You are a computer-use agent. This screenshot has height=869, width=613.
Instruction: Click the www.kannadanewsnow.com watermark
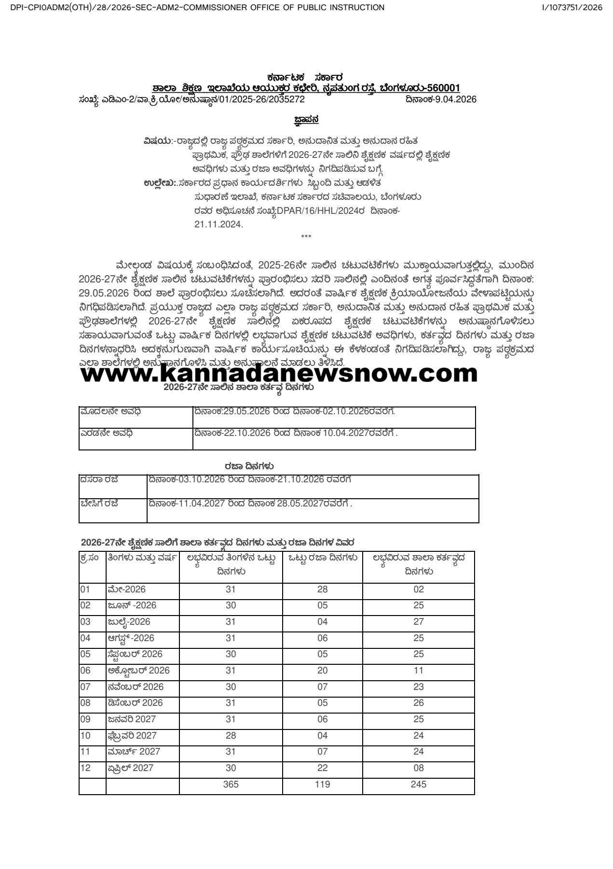279,373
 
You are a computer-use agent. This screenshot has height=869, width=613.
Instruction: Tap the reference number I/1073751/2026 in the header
572,7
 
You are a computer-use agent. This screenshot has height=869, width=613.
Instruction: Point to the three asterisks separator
306,237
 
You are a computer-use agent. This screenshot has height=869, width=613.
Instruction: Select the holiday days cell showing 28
322,589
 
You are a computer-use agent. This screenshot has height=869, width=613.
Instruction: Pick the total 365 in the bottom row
231,784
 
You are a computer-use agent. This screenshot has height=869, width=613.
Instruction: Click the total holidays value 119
322,784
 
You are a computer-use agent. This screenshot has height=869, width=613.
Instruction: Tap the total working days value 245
418,784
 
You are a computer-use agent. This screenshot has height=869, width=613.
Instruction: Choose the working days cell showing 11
418,670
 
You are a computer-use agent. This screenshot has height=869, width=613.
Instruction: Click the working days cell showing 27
418,621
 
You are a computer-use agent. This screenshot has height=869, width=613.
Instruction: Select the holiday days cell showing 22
322,768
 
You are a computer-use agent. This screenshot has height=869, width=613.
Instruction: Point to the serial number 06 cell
85,670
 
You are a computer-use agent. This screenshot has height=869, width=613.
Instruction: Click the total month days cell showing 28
231,735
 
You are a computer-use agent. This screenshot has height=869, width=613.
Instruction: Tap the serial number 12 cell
85,768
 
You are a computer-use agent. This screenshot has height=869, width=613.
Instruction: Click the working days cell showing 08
418,768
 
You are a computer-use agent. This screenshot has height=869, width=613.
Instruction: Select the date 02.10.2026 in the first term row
346,411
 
